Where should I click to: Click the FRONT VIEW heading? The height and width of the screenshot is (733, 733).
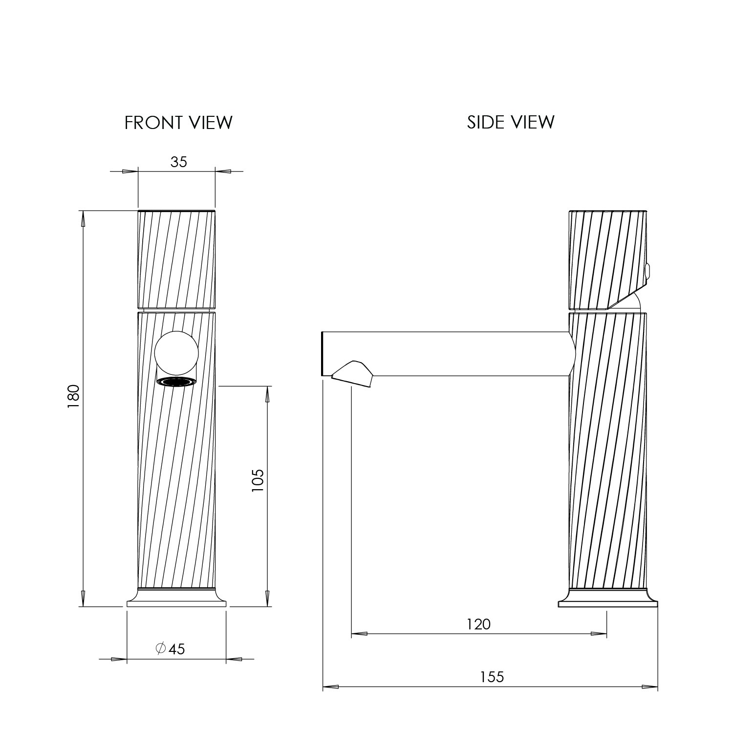coord(178,122)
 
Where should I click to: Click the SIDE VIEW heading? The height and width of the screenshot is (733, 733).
coord(511,122)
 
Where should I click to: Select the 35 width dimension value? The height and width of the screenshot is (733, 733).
coord(178,162)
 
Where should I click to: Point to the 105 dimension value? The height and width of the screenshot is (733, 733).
coord(258,480)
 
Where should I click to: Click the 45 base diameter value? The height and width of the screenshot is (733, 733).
coord(176,649)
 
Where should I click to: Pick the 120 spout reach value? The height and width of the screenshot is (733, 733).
coord(478,624)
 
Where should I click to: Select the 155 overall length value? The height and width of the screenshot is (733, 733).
coord(491,677)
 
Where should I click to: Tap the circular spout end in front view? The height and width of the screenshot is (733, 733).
coord(176,353)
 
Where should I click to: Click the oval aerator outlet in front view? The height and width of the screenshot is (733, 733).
coord(176,382)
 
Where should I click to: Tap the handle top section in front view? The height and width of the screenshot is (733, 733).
coord(176,259)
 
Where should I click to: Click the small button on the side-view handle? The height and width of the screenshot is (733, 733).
coord(647,272)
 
